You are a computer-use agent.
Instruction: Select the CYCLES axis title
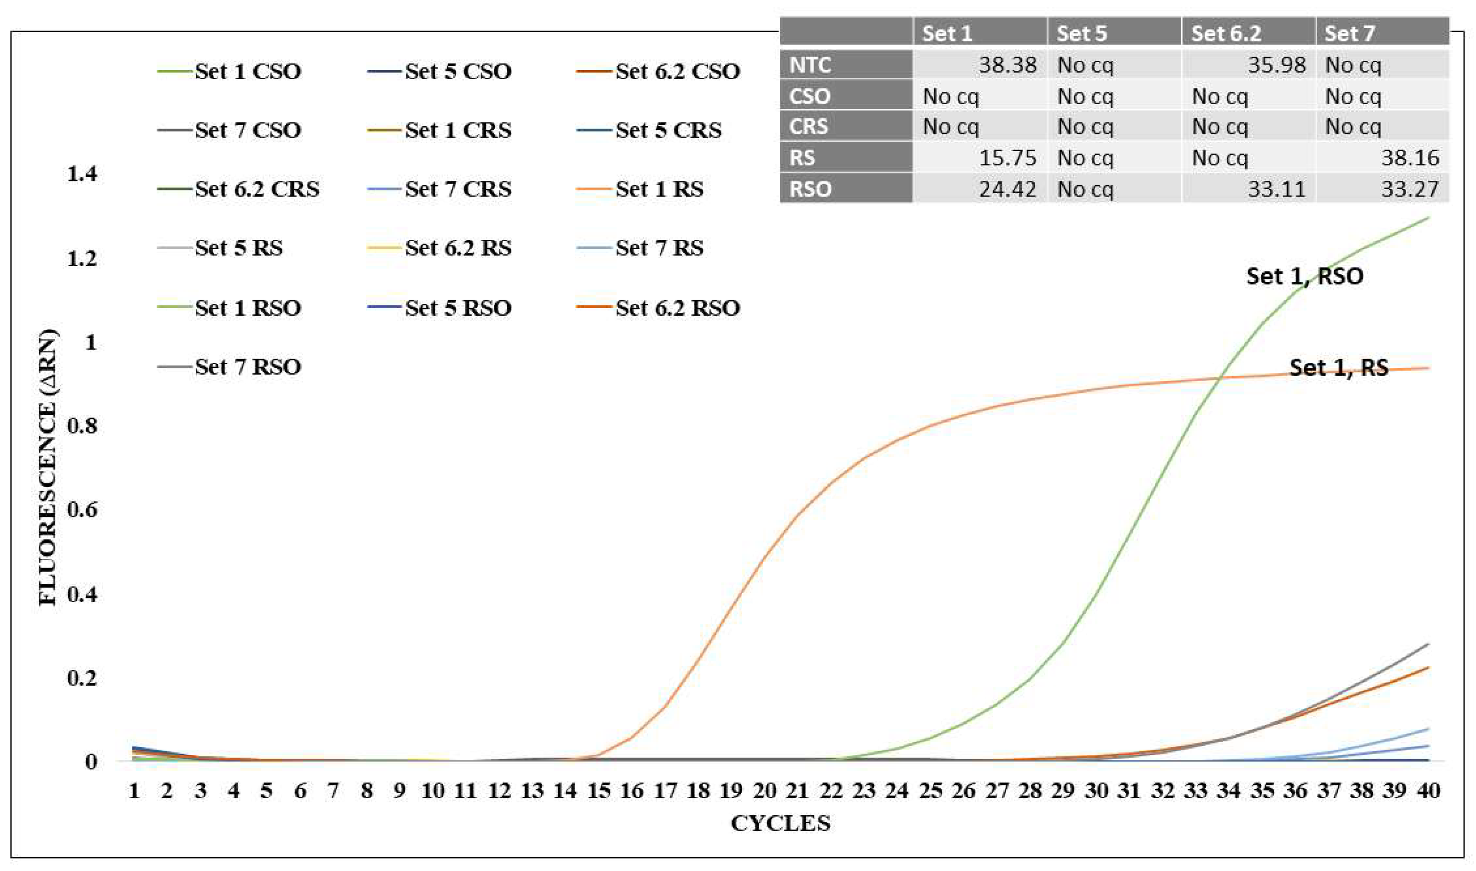780,824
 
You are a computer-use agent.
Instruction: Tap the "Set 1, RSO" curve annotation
1305,276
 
